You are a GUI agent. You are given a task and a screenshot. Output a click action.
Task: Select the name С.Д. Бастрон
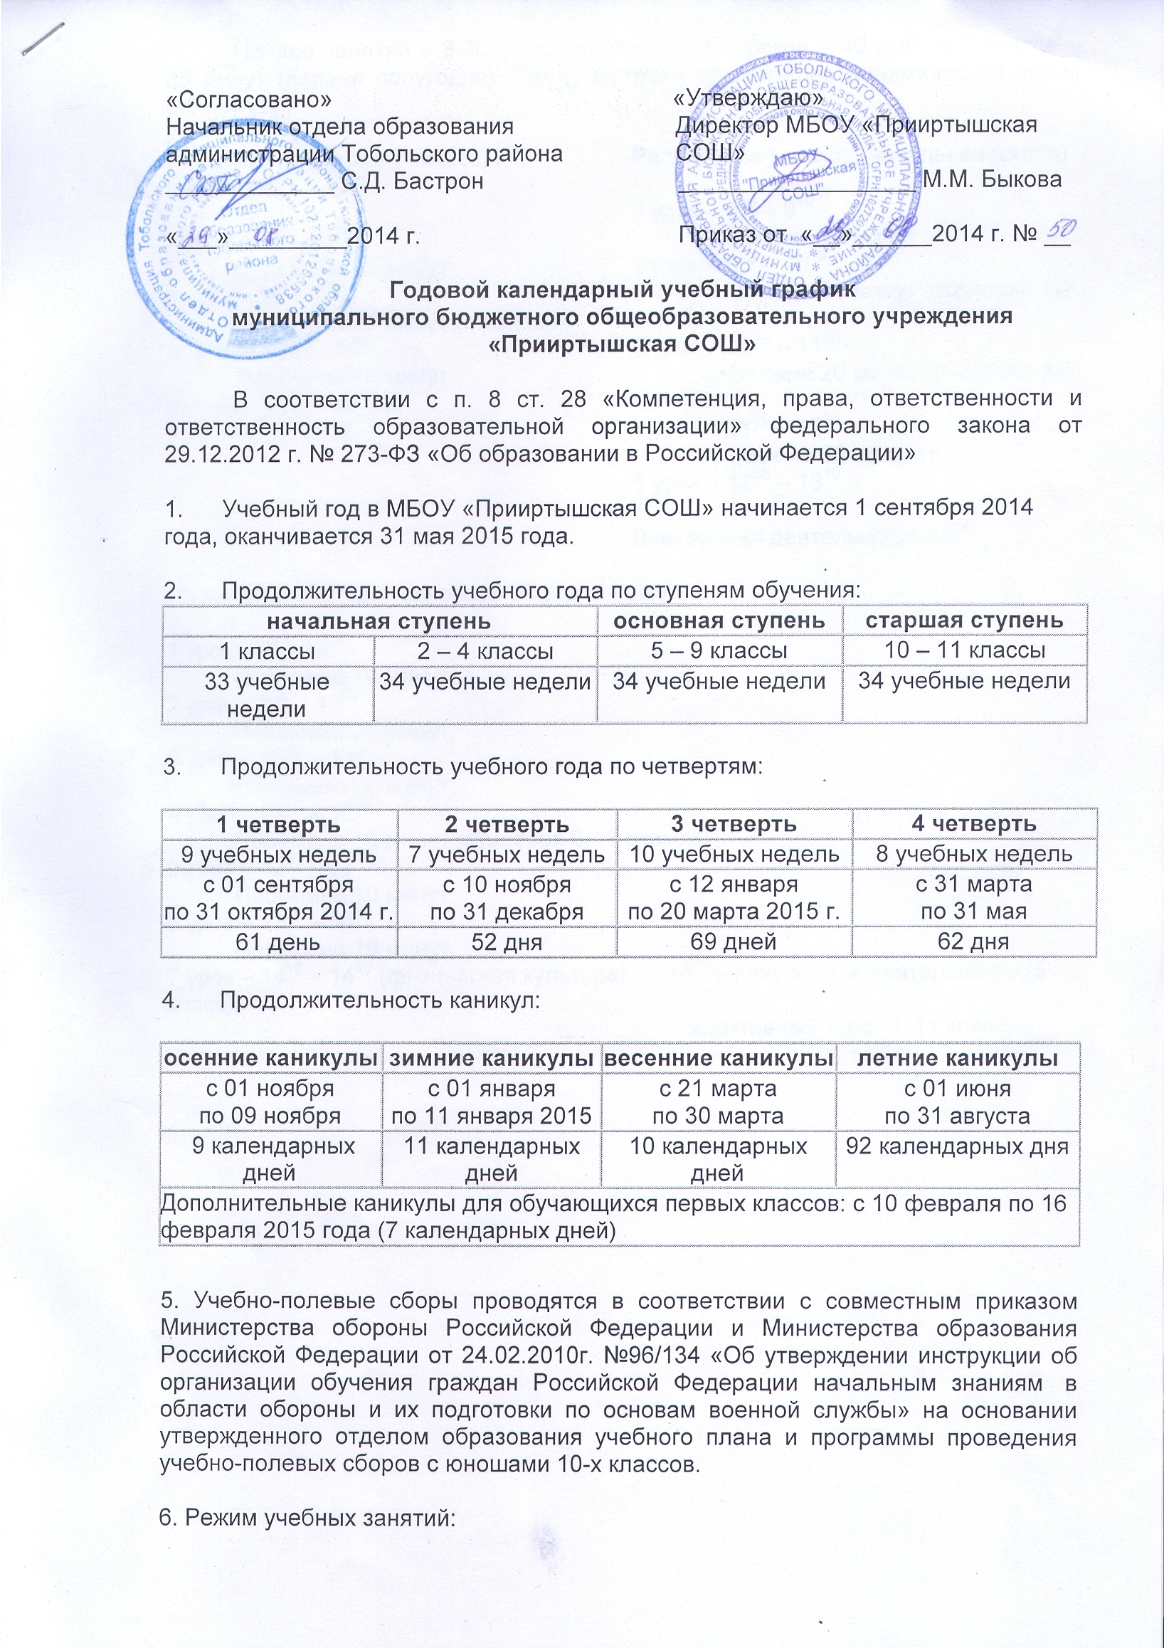point(412,181)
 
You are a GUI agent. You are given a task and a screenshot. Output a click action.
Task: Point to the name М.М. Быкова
point(991,179)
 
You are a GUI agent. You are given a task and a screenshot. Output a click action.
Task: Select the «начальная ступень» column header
point(380,620)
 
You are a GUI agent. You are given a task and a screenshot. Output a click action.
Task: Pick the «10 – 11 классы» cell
point(964,650)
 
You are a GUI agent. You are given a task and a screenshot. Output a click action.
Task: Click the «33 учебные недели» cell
point(267,694)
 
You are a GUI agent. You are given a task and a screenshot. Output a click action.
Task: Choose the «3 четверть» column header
point(734,823)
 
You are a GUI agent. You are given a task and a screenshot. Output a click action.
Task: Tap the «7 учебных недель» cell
point(507,854)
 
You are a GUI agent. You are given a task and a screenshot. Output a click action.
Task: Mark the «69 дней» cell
point(734,941)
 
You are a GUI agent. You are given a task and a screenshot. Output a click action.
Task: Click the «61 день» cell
point(278,941)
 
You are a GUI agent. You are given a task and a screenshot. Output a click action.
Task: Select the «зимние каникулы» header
point(492,1058)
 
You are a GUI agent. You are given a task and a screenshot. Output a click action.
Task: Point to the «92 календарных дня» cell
point(958,1146)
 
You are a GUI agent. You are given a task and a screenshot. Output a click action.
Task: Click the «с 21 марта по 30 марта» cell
point(718,1102)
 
